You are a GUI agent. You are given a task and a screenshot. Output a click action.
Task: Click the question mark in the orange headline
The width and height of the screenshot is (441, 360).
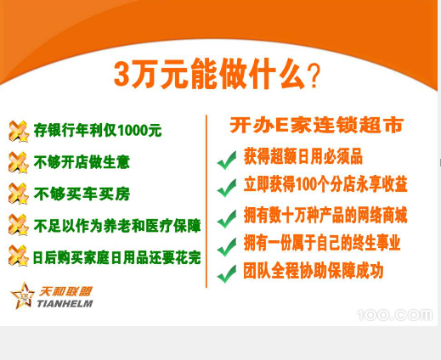coord(314,76)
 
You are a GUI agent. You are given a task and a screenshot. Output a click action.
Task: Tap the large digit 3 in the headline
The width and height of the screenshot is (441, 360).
coord(122,73)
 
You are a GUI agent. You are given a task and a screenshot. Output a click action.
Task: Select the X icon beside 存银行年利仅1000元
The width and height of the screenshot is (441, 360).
coord(19,132)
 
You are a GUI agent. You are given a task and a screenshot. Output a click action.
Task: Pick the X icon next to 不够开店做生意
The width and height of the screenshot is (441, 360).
coord(19,162)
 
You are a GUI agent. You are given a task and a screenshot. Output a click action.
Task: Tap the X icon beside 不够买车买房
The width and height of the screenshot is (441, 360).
coord(19,194)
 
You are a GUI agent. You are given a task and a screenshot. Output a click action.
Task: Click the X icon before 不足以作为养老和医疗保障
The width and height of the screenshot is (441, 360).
coord(19,225)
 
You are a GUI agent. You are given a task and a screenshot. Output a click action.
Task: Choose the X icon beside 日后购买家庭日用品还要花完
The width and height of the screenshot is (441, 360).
coord(19,256)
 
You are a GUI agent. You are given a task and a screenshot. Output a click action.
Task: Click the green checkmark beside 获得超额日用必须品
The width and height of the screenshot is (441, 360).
coord(227,160)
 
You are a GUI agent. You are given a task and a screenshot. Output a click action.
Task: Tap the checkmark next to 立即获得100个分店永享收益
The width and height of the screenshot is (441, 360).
coord(227,188)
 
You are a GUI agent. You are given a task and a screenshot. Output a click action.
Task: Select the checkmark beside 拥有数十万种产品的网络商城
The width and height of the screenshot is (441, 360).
coord(227,219)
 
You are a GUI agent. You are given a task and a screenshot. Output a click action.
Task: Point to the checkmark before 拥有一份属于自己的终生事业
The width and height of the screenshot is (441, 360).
coord(227,247)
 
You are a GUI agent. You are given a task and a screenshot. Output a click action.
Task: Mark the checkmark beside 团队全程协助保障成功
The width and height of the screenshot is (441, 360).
coord(227,274)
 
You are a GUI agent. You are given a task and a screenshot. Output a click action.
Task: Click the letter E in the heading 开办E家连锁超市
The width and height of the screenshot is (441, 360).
coord(281,126)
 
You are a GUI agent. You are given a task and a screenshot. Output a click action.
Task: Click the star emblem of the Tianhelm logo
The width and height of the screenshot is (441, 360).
coord(23,295)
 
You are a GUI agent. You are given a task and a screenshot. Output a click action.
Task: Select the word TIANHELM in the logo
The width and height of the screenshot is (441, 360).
coord(65,304)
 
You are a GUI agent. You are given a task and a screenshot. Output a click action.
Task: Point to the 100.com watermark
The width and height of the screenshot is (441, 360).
coord(395,315)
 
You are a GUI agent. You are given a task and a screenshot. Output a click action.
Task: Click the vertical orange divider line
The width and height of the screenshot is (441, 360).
coord(206,201)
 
